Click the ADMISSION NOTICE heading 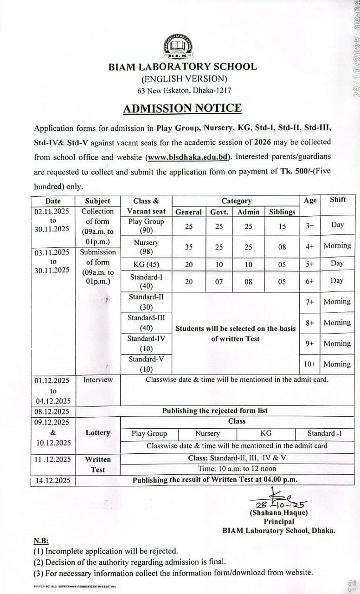pyautogui.click(x=182, y=108)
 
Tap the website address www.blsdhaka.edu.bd pyautogui.click(x=189, y=157)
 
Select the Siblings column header pyautogui.click(x=282, y=212)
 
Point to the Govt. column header pyautogui.click(x=219, y=212)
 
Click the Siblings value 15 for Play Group pyautogui.click(x=282, y=226)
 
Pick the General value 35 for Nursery pyautogui.click(x=189, y=247)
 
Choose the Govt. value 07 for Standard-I pyautogui.click(x=219, y=282)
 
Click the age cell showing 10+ pyautogui.click(x=310, y=364)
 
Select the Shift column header pyautogui.click(x=338, y=200)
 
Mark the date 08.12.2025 pyautogui.click(x=52, y=412)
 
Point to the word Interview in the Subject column pyautogui.click(x=98, y=380)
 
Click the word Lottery pyautogui.click(x=98, y=433)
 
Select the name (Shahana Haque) pyautogui.click(x=278, y=513)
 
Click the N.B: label pyautogui.click(x=41, y=541)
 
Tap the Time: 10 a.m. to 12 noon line pyautogui.click(x=237, y=469)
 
